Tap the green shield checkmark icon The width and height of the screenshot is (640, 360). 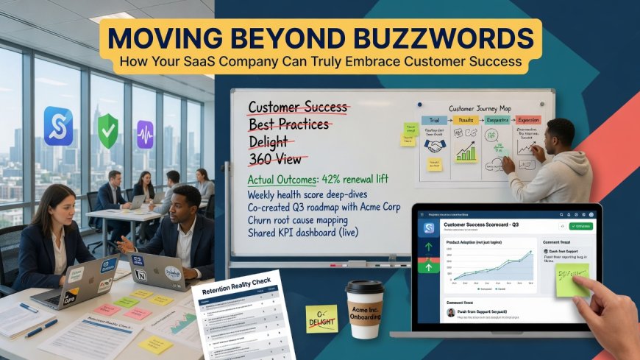pos(107,132)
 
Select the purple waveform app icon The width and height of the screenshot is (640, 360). pos(145,135)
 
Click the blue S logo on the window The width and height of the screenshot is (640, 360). pos(58,126)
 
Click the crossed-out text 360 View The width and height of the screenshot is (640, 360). pos(278,158)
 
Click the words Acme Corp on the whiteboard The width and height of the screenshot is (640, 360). pos(375,208)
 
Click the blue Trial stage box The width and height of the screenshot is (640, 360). pos(430,120)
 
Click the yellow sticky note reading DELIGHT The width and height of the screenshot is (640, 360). pos(321,317)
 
